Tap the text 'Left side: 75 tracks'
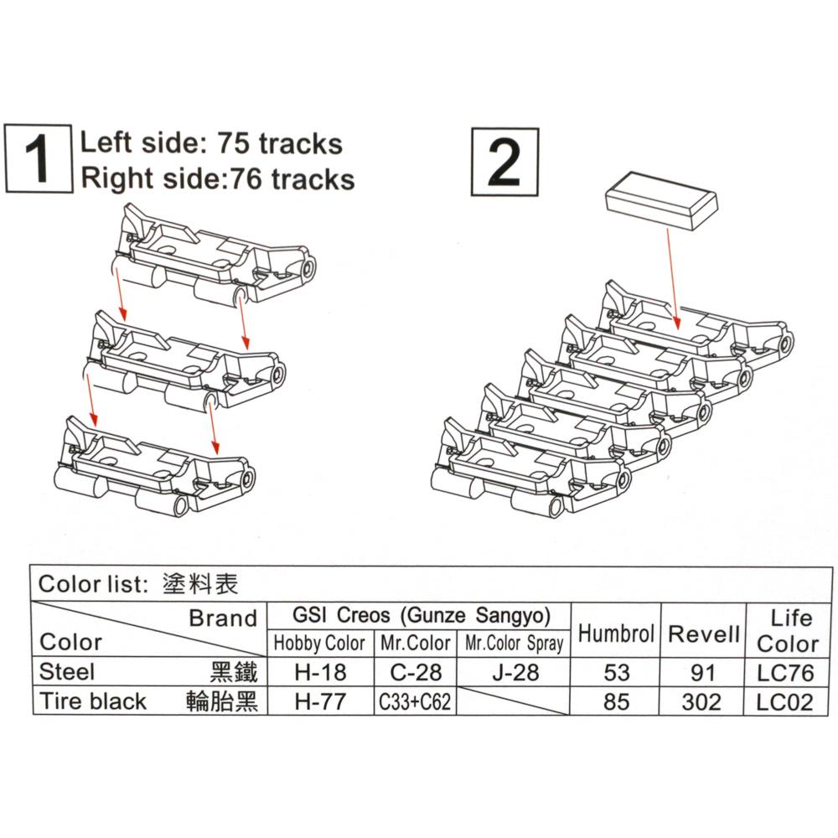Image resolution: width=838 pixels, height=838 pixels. click(x=211, y=143)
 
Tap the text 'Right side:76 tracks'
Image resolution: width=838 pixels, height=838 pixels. click(x=217, y=178)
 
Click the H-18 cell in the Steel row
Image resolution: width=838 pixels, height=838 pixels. click(x=320, y=672)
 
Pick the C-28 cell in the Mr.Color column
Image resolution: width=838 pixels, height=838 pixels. click(x=414, y=672)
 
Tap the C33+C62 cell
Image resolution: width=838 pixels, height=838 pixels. click(x=414, y=701)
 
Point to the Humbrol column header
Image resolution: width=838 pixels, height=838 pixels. click(x=616, y=634)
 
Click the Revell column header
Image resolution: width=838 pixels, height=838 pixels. click(x=704, y=634)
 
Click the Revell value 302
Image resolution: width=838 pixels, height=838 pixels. click(x=702, y=701)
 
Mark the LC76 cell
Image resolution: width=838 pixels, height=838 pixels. click(x=785, y=672)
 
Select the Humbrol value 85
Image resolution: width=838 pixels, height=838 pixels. click(x=616, y=701)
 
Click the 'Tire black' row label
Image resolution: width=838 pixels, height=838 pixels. click(x=93, y=701)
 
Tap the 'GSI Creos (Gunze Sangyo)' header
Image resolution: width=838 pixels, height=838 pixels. click(x=422, y=615)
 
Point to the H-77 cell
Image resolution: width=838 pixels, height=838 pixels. click(x=320, y=701)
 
